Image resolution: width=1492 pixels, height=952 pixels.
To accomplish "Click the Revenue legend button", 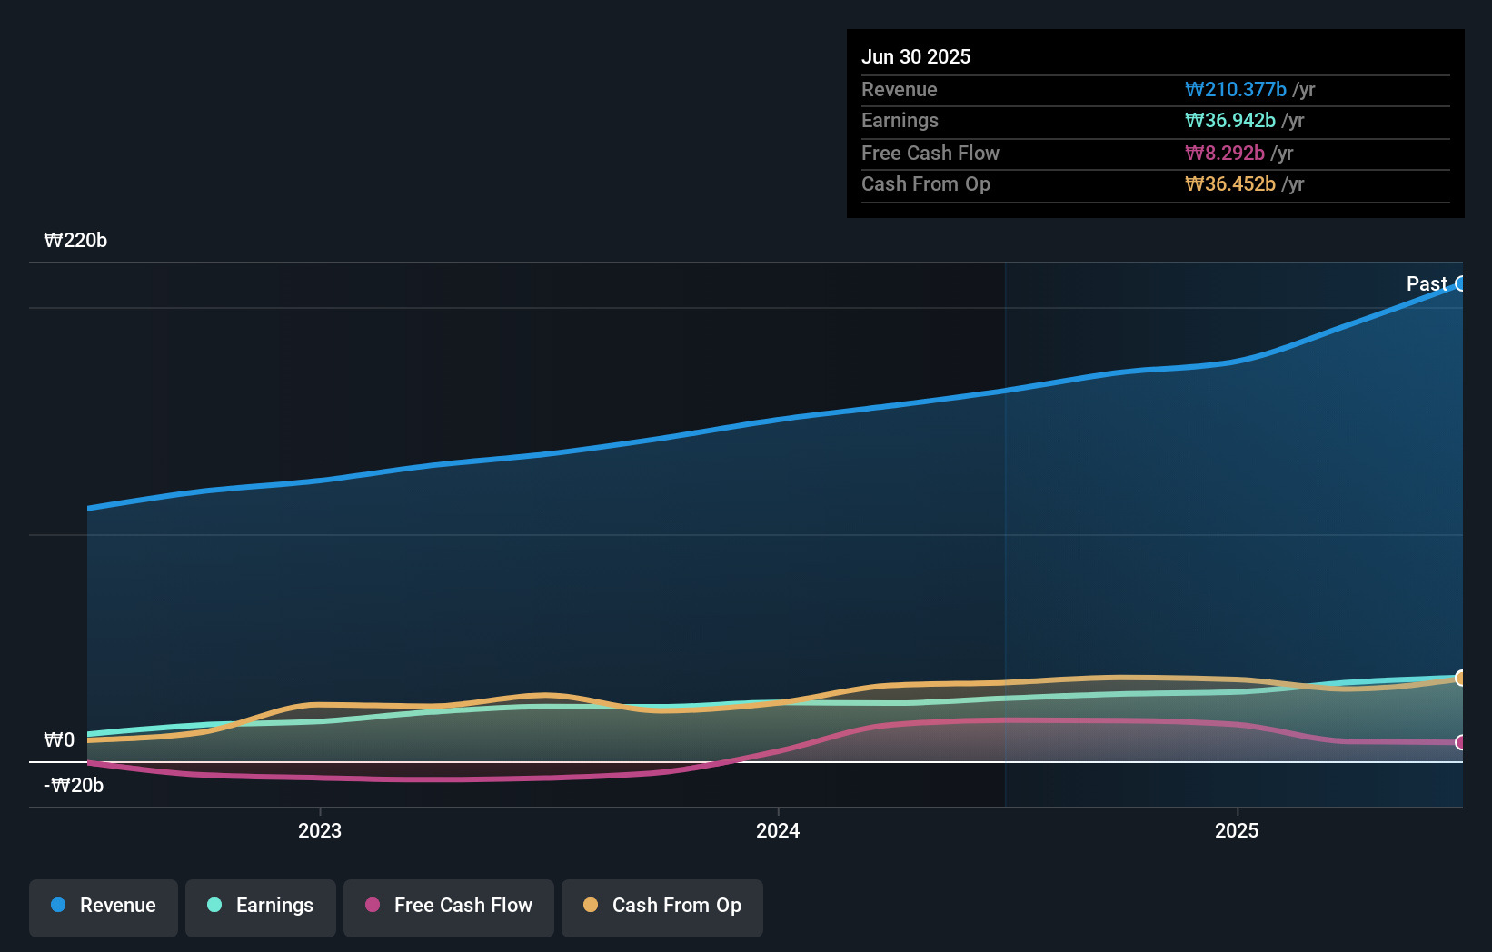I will [104, 907].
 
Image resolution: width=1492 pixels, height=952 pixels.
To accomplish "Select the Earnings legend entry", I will [261, 907].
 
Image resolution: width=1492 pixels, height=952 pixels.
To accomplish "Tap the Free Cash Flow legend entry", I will [449, 907].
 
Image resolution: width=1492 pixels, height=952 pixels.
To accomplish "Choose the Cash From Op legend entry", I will [662, 907].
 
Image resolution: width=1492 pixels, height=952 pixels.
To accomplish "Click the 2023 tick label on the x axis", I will [320, 830].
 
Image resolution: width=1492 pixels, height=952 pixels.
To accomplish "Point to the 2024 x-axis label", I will [778, 830].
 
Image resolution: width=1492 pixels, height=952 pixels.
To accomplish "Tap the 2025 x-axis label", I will [1237, 830].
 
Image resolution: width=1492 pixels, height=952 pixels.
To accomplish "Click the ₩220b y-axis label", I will [75, 241].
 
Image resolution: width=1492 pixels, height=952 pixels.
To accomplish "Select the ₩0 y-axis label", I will [59, 740].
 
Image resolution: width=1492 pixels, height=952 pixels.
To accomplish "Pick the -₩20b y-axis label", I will [74, 786].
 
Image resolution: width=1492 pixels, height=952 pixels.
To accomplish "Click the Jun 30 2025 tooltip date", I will [916, 57].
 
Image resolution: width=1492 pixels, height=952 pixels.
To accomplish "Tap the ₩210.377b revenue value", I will [1235, 90].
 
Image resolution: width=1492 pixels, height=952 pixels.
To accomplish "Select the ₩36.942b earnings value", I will [1229, 121].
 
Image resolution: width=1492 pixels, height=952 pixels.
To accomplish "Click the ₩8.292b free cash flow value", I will [1224, 154].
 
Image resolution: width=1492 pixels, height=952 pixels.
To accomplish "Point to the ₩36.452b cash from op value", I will [1229, 184].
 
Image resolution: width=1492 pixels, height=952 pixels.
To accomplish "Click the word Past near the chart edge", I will [1427, 284].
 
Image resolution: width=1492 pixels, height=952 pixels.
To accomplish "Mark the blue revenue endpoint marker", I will [1461, 284].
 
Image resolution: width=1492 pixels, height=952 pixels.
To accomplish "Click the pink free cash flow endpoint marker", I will [1461, 743].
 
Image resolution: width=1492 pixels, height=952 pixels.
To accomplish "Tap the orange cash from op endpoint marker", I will [1461, 679].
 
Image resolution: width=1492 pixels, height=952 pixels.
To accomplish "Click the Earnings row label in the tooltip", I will [900, 121].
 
